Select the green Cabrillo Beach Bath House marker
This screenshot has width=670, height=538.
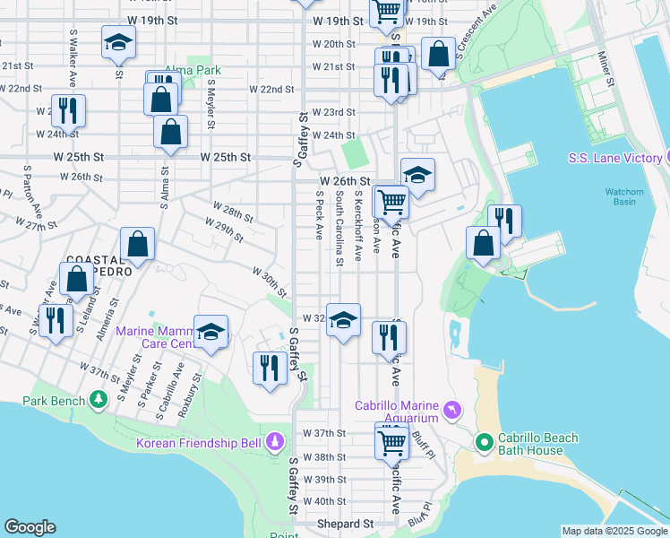485,442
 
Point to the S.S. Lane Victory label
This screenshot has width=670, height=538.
614,159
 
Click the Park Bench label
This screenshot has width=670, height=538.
53,401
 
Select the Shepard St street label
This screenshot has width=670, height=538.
345,524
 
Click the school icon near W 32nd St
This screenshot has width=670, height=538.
342,320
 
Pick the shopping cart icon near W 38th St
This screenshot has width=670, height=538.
391,441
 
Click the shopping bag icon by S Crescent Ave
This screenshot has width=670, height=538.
438,53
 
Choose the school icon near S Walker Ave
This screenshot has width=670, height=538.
118,42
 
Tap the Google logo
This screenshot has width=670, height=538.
30,527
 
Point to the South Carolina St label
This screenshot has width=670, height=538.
339,229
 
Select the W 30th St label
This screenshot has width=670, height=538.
268,281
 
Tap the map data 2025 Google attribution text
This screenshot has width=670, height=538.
614,531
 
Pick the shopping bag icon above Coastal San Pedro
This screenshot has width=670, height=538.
137,243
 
